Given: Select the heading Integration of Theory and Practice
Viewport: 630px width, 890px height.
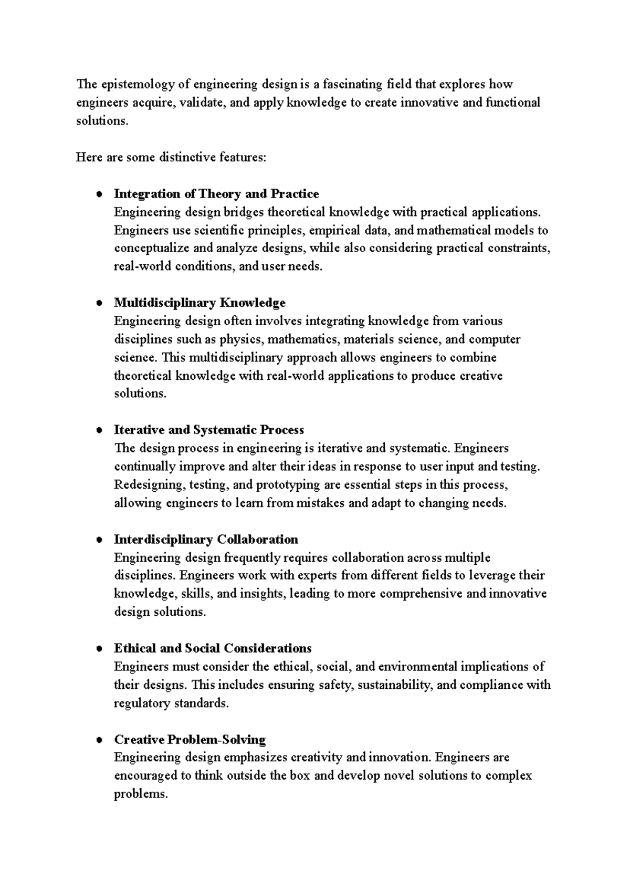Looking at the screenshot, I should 216,194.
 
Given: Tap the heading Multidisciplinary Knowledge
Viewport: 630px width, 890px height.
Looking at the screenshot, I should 199,303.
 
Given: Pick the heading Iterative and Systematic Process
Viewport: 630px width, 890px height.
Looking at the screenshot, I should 209,430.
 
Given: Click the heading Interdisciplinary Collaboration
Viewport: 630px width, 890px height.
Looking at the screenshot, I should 206,540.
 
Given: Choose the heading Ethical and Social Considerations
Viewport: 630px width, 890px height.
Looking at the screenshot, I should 213,648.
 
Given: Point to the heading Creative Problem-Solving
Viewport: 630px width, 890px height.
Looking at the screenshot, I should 190,740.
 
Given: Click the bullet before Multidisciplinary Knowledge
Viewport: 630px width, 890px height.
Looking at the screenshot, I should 98,303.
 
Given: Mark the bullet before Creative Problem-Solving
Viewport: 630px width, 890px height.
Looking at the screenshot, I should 98,740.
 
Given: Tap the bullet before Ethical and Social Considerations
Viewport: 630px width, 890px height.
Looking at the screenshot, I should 98,649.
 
